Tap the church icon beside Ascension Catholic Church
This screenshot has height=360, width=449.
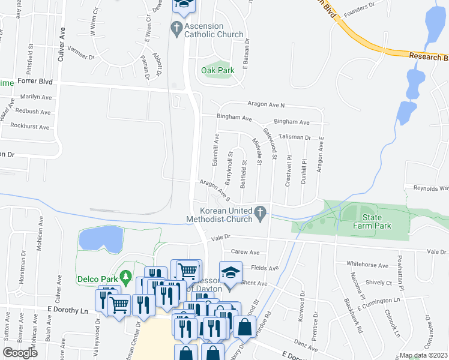pos(176,28)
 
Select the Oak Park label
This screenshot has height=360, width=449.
pos(217,70)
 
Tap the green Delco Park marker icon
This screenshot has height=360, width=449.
pos(125,277)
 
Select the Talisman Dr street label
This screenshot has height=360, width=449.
pos(294,137)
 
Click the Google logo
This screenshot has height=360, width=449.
pos(20,353)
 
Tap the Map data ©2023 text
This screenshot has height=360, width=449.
pos(423,355)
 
